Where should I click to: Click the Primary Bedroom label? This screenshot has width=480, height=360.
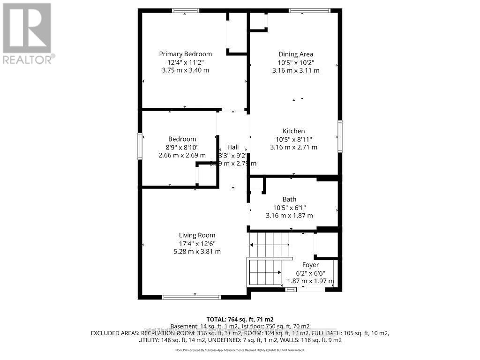[185, 54]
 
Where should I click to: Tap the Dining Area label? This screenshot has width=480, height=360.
[296, 54]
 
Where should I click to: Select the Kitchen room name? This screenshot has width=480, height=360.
[293, 131]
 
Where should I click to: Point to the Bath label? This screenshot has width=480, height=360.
[289, 199]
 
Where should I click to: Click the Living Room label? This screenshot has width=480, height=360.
[197, 235]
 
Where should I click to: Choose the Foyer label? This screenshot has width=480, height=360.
[311, 265]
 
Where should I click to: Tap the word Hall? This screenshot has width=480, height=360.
[233, 147]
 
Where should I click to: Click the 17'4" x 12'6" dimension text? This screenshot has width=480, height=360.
[197, 243]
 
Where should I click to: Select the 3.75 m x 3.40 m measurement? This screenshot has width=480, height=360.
[185, 70]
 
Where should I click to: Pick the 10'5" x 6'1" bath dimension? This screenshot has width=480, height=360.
[289, 208]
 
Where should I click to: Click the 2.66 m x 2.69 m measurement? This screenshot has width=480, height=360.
[182, 155]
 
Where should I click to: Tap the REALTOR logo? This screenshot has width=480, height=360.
[27, 33]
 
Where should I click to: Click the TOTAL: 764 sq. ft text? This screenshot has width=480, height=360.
[240, 319]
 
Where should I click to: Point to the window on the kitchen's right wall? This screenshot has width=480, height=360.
[340, 136]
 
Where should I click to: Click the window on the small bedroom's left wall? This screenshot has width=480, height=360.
[140, 146]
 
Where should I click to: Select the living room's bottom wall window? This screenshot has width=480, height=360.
[191, 297]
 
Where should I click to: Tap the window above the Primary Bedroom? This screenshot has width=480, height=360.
[185, 11]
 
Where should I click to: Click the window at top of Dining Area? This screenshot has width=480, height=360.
[309, 11]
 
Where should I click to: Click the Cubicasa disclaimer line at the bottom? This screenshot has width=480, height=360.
[240, 350]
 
